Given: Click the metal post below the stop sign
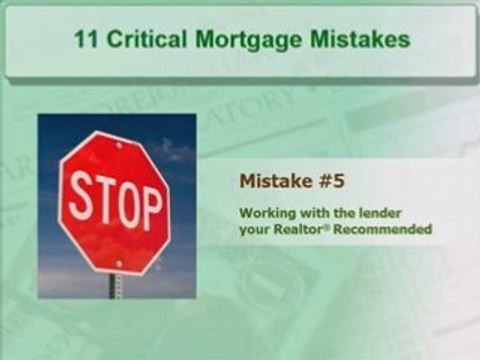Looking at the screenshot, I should coord(118,284).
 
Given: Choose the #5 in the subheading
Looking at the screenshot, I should coord(319,181).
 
